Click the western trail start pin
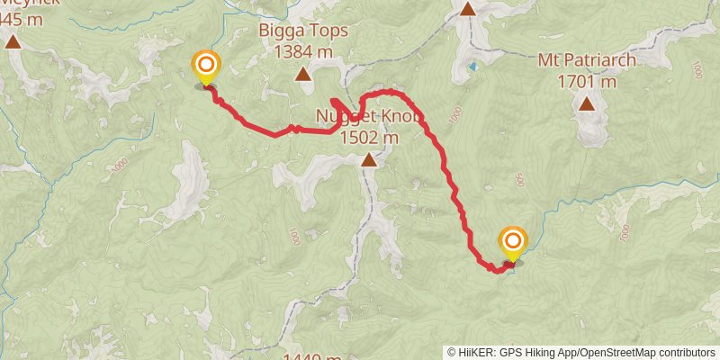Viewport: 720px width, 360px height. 206,65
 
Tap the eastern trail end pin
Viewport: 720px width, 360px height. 513,241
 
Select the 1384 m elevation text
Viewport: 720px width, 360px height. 303,52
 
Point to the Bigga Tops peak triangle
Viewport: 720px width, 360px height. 303,75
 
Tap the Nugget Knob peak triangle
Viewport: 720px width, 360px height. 369,160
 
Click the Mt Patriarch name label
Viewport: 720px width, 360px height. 587,62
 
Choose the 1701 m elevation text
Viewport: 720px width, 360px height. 587,82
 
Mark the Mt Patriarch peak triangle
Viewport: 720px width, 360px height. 587,103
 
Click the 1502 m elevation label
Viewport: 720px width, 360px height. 370,138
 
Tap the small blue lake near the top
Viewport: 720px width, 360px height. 473,67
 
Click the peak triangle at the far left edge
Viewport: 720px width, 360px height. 13,41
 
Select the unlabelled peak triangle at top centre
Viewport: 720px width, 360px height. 468,9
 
